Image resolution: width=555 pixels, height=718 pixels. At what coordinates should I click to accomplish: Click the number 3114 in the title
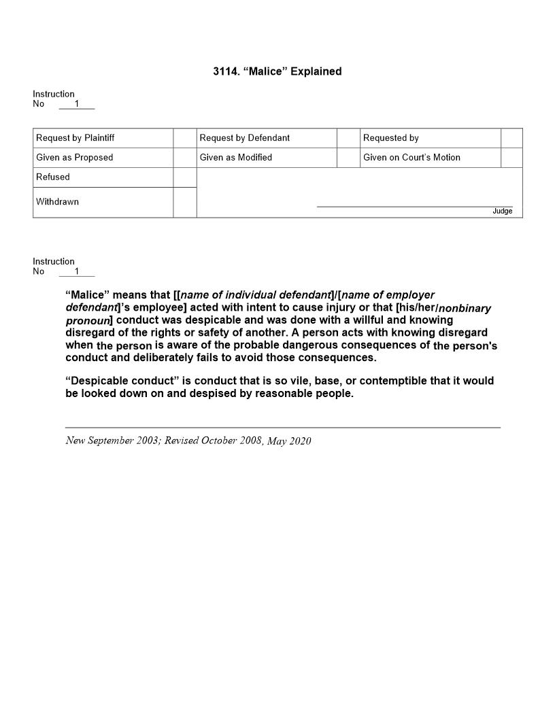pos(224,71)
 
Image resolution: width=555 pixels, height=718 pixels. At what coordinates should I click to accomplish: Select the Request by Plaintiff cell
pos(75,138)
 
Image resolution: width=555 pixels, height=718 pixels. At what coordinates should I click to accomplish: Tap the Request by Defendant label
pos(244,138)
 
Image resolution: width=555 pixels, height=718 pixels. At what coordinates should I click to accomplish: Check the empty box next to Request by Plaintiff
pos(184,138)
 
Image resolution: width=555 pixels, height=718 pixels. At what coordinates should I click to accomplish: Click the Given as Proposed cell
pos(75,158)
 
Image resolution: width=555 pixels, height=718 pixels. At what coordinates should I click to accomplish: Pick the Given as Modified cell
pos(235,158)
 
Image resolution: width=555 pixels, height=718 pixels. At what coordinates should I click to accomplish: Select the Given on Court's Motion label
pos(411,158)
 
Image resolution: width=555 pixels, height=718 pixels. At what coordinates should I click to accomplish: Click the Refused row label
pos(53,177)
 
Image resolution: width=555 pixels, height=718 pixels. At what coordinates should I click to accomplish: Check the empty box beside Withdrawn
pos(184,202)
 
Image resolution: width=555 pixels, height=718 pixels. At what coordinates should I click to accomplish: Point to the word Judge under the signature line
pos(502,211)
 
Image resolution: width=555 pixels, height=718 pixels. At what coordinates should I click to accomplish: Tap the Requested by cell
pos(391,138)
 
